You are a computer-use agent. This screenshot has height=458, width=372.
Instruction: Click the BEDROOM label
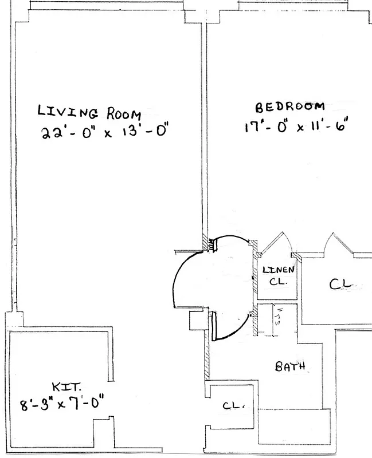(x=290, y=106)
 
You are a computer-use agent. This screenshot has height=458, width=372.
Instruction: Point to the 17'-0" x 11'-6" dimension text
(x=295, y=124)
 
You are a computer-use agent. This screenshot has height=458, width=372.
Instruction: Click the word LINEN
(x=278, y=270)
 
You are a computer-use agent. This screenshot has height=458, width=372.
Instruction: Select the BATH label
(x=290, y=366)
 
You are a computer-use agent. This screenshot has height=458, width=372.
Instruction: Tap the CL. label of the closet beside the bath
(x=234, y=406)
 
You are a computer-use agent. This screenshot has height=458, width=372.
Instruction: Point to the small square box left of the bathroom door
(x=197, y=321)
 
